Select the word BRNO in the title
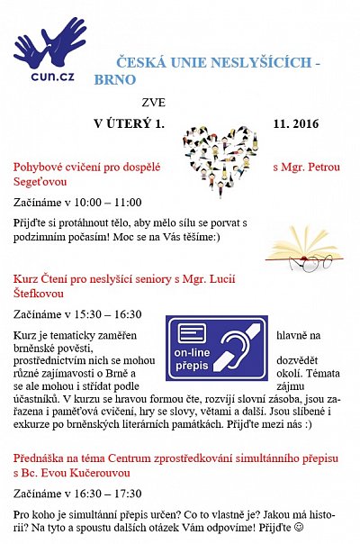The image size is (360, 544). point(114,79)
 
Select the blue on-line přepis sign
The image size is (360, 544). point(216,348)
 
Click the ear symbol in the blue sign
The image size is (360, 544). point(242,347)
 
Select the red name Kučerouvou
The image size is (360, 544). point(101,472)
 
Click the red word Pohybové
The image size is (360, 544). point(41,167)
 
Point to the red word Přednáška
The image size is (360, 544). point(41,457)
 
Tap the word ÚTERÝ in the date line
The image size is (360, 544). point(132,122)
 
